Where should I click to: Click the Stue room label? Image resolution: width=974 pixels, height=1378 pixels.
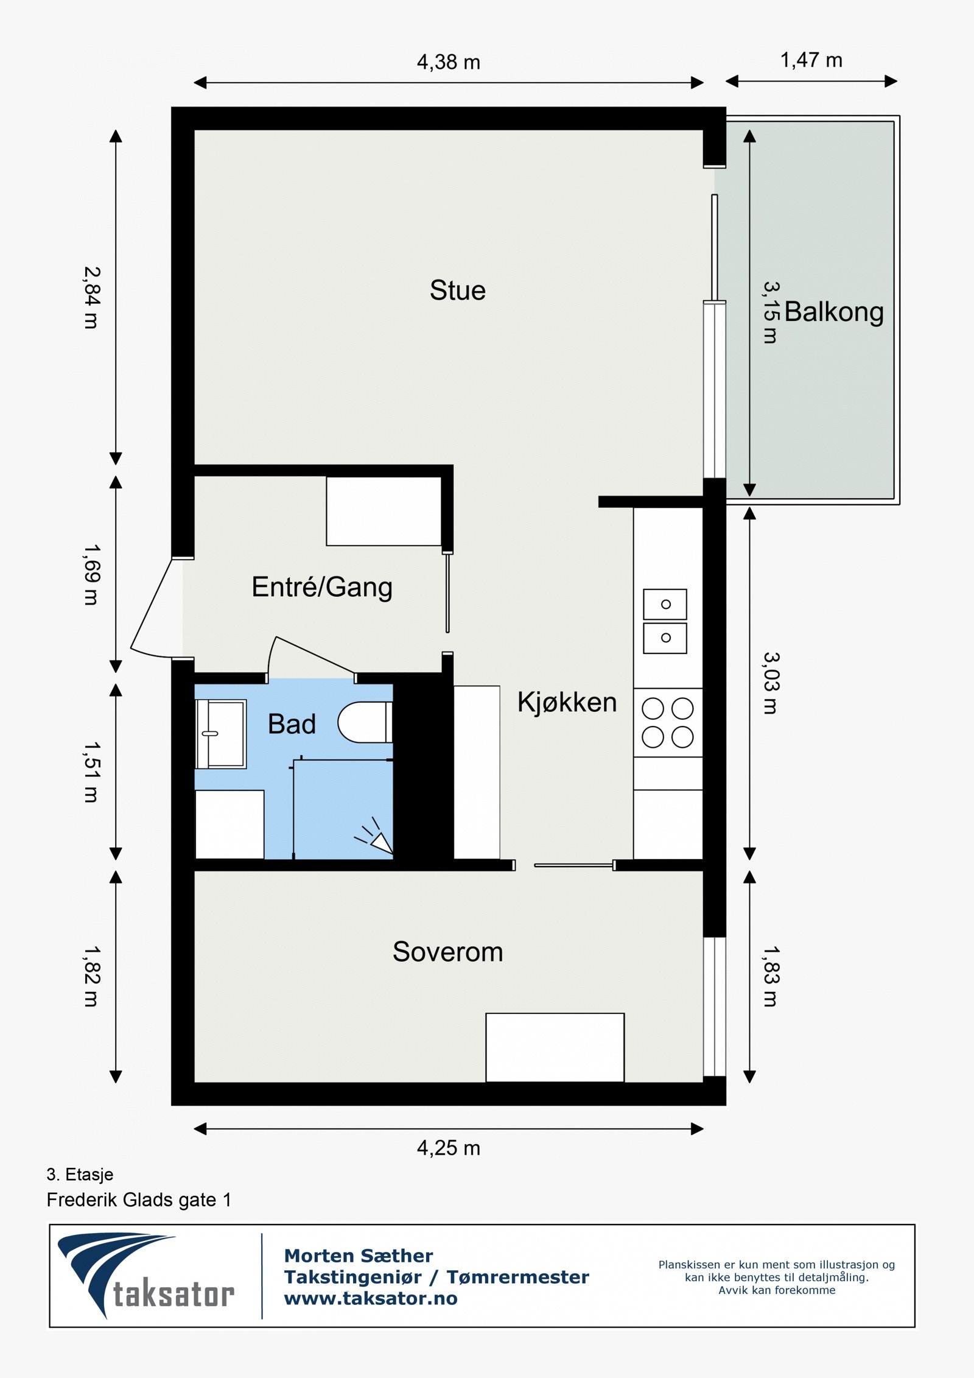(x=458, y=290)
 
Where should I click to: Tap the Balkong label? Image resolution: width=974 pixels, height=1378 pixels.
(x=833, y=312)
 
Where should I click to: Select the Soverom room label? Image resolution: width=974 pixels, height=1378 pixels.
(x=447, y=952)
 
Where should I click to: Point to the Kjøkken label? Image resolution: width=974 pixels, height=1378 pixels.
(x=567, y=702)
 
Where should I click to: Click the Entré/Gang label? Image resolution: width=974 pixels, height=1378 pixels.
(x=322, y=587)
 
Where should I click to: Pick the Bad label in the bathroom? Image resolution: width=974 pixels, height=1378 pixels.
(x=292, y=724)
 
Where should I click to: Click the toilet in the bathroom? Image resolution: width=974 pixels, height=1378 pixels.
(x=365, y=723)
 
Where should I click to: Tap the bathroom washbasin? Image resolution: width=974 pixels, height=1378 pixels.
(x=221, y=734)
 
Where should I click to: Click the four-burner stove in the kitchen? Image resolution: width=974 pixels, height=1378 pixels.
(x=668, y=723)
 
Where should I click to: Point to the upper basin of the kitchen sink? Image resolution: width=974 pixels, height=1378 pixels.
(x=665, y=604)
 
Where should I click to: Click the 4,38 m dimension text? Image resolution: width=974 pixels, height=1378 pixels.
(x=449, y=62)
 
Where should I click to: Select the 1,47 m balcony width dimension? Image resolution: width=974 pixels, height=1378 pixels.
(x=811, y=60)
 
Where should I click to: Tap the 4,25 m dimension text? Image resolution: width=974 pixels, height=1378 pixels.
(x=449, y=1148)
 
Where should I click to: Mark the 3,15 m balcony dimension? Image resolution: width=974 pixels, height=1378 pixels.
(x=771, y=312)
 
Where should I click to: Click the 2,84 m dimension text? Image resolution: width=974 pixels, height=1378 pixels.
(x=91, y=298)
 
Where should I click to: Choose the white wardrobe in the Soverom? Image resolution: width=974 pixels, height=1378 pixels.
(x=555, y=1047)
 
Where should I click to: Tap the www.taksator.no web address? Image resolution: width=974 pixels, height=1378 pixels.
(x=371, y=1298)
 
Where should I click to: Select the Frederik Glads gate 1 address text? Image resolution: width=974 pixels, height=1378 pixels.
(x=139, y=1200)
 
